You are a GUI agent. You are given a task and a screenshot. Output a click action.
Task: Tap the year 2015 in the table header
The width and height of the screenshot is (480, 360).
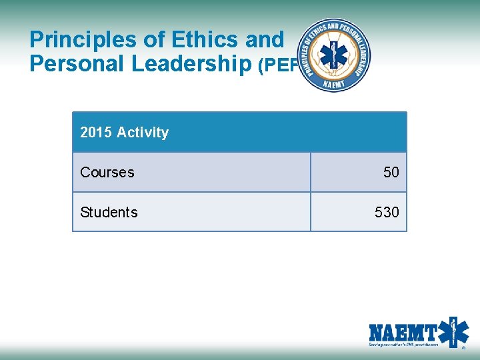[96, 132]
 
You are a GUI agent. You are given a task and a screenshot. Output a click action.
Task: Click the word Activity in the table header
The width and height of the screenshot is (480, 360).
[143, 132]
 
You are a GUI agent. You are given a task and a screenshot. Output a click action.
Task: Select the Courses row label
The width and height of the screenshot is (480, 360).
[107, 172]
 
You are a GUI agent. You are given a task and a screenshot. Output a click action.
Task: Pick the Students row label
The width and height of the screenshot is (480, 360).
[109, 212]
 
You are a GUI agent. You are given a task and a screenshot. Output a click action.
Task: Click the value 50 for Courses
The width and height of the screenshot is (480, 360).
[391, 172]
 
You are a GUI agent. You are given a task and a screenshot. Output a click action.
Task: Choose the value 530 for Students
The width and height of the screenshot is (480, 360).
[387, 212]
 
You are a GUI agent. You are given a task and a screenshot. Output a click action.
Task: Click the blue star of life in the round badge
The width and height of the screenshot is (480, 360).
[334, 55]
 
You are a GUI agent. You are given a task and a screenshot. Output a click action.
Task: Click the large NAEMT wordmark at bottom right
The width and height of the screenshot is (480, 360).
[403, 332]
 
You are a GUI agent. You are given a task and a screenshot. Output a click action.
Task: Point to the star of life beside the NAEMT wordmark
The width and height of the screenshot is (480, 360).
[455, 331]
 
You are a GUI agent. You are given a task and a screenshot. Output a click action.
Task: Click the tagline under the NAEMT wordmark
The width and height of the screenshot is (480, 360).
[403, 345]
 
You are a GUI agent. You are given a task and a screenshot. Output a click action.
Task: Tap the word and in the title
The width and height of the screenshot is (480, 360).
[264, 41]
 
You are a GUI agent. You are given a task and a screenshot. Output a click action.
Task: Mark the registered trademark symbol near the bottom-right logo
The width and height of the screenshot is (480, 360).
[464, 347]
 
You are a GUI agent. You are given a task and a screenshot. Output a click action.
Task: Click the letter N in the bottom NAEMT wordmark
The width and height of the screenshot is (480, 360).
[377, 332]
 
